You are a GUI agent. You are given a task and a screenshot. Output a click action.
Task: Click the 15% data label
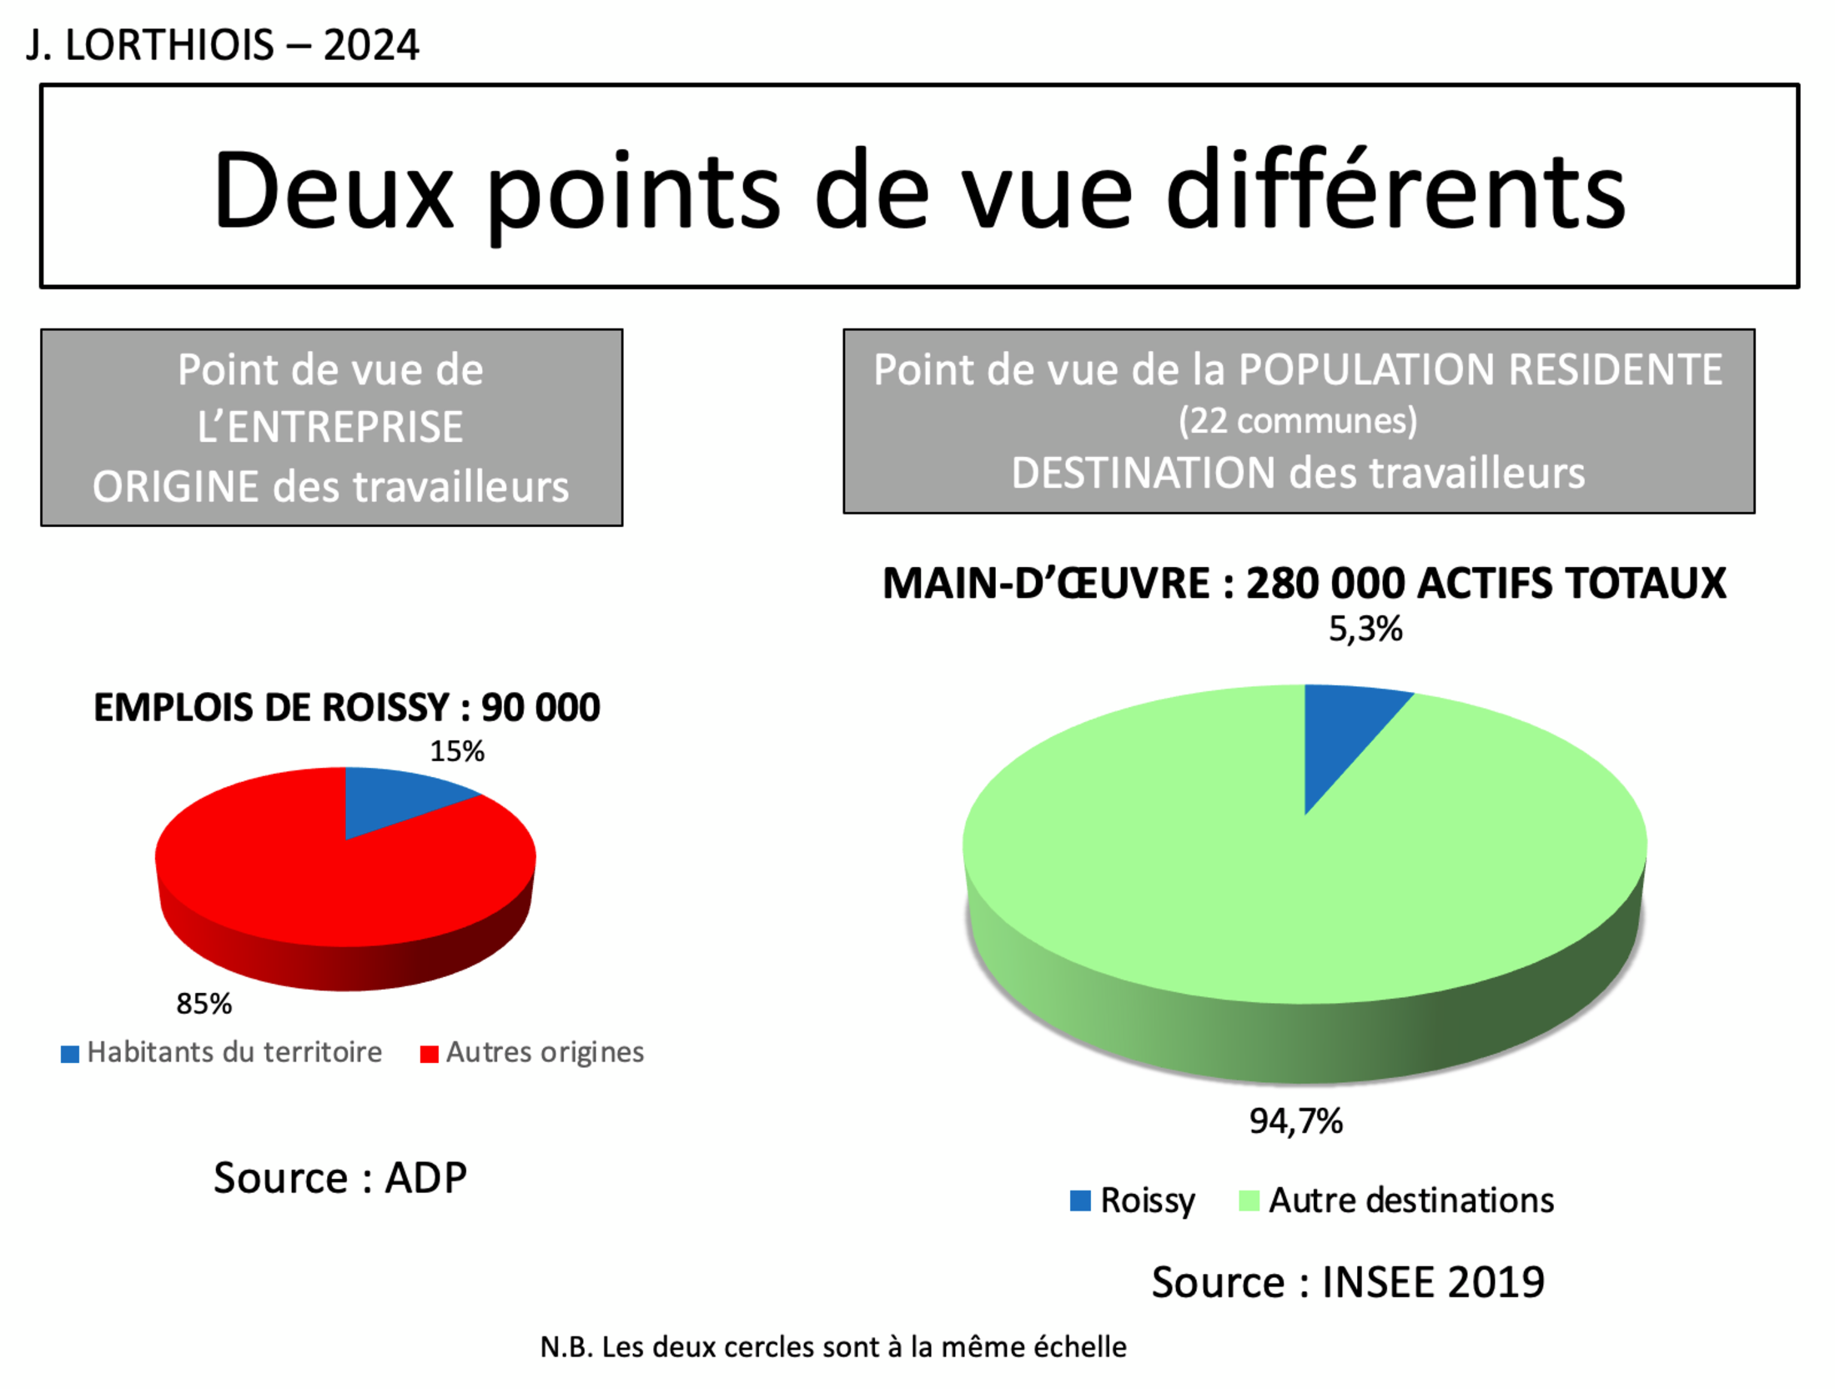457,751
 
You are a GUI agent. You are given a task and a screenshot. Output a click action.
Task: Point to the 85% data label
204,1003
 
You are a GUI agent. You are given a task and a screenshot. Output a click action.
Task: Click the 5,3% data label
1365,629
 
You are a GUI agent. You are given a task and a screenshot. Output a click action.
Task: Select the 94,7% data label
1295,1121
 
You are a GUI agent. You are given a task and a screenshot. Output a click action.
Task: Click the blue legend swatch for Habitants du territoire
70,1054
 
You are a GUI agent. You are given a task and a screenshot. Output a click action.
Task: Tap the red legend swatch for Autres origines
429,1054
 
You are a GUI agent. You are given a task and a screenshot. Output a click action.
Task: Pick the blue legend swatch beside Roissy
1080,1201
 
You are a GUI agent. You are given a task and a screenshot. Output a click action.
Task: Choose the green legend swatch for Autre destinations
1249,1201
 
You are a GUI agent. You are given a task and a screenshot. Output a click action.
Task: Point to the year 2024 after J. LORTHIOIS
371,45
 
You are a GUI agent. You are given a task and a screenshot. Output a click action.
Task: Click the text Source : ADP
340,1178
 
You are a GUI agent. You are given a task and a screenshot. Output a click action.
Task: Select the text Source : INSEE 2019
1348,1282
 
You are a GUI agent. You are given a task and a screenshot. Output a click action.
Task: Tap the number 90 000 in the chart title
540,708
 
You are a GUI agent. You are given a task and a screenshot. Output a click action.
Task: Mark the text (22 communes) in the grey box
1298,421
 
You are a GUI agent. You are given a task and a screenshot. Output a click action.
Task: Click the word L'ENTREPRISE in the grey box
330,427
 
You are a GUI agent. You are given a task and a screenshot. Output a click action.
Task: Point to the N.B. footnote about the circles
833,1347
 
